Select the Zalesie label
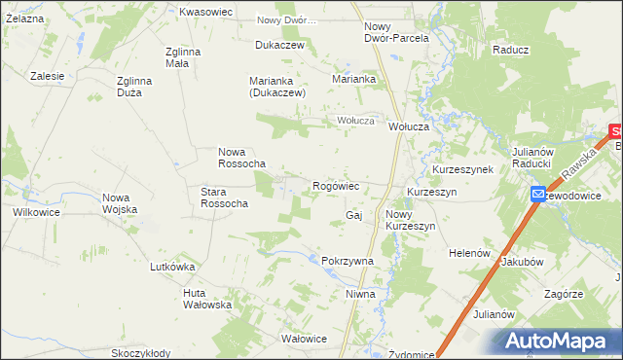click(47, 76)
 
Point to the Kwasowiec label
click(205, 12)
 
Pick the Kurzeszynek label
click(463, 169)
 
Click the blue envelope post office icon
click(538, 196)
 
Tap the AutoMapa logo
click(559, 341)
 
